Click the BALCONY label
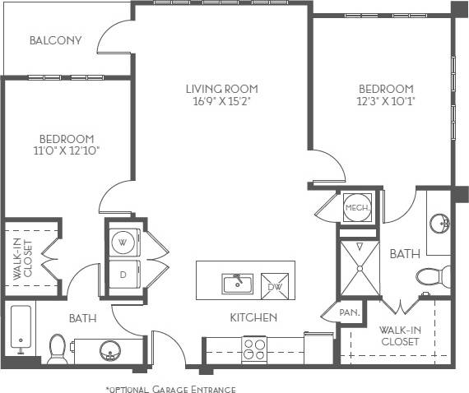55,40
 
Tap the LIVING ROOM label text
221,89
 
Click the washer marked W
123,243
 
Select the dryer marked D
123,274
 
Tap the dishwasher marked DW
276,285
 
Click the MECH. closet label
355,208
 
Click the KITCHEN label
253,317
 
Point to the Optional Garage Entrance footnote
170,388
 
